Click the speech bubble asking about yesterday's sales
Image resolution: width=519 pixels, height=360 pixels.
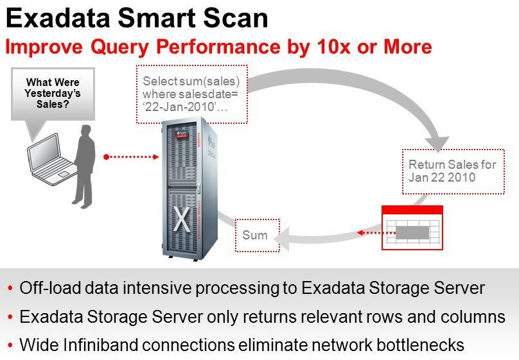pos(53,93)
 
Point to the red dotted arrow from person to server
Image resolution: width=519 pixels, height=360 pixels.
pos(131,156)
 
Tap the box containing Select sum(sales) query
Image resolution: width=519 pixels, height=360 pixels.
pos(191,93)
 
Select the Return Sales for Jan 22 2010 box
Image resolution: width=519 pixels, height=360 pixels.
pos(452,171)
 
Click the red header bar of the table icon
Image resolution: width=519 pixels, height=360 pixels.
pos(412,209)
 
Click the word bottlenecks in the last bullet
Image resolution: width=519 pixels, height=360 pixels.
pos(420,345)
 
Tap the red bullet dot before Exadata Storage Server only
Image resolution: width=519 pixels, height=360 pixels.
pos(10,317)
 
